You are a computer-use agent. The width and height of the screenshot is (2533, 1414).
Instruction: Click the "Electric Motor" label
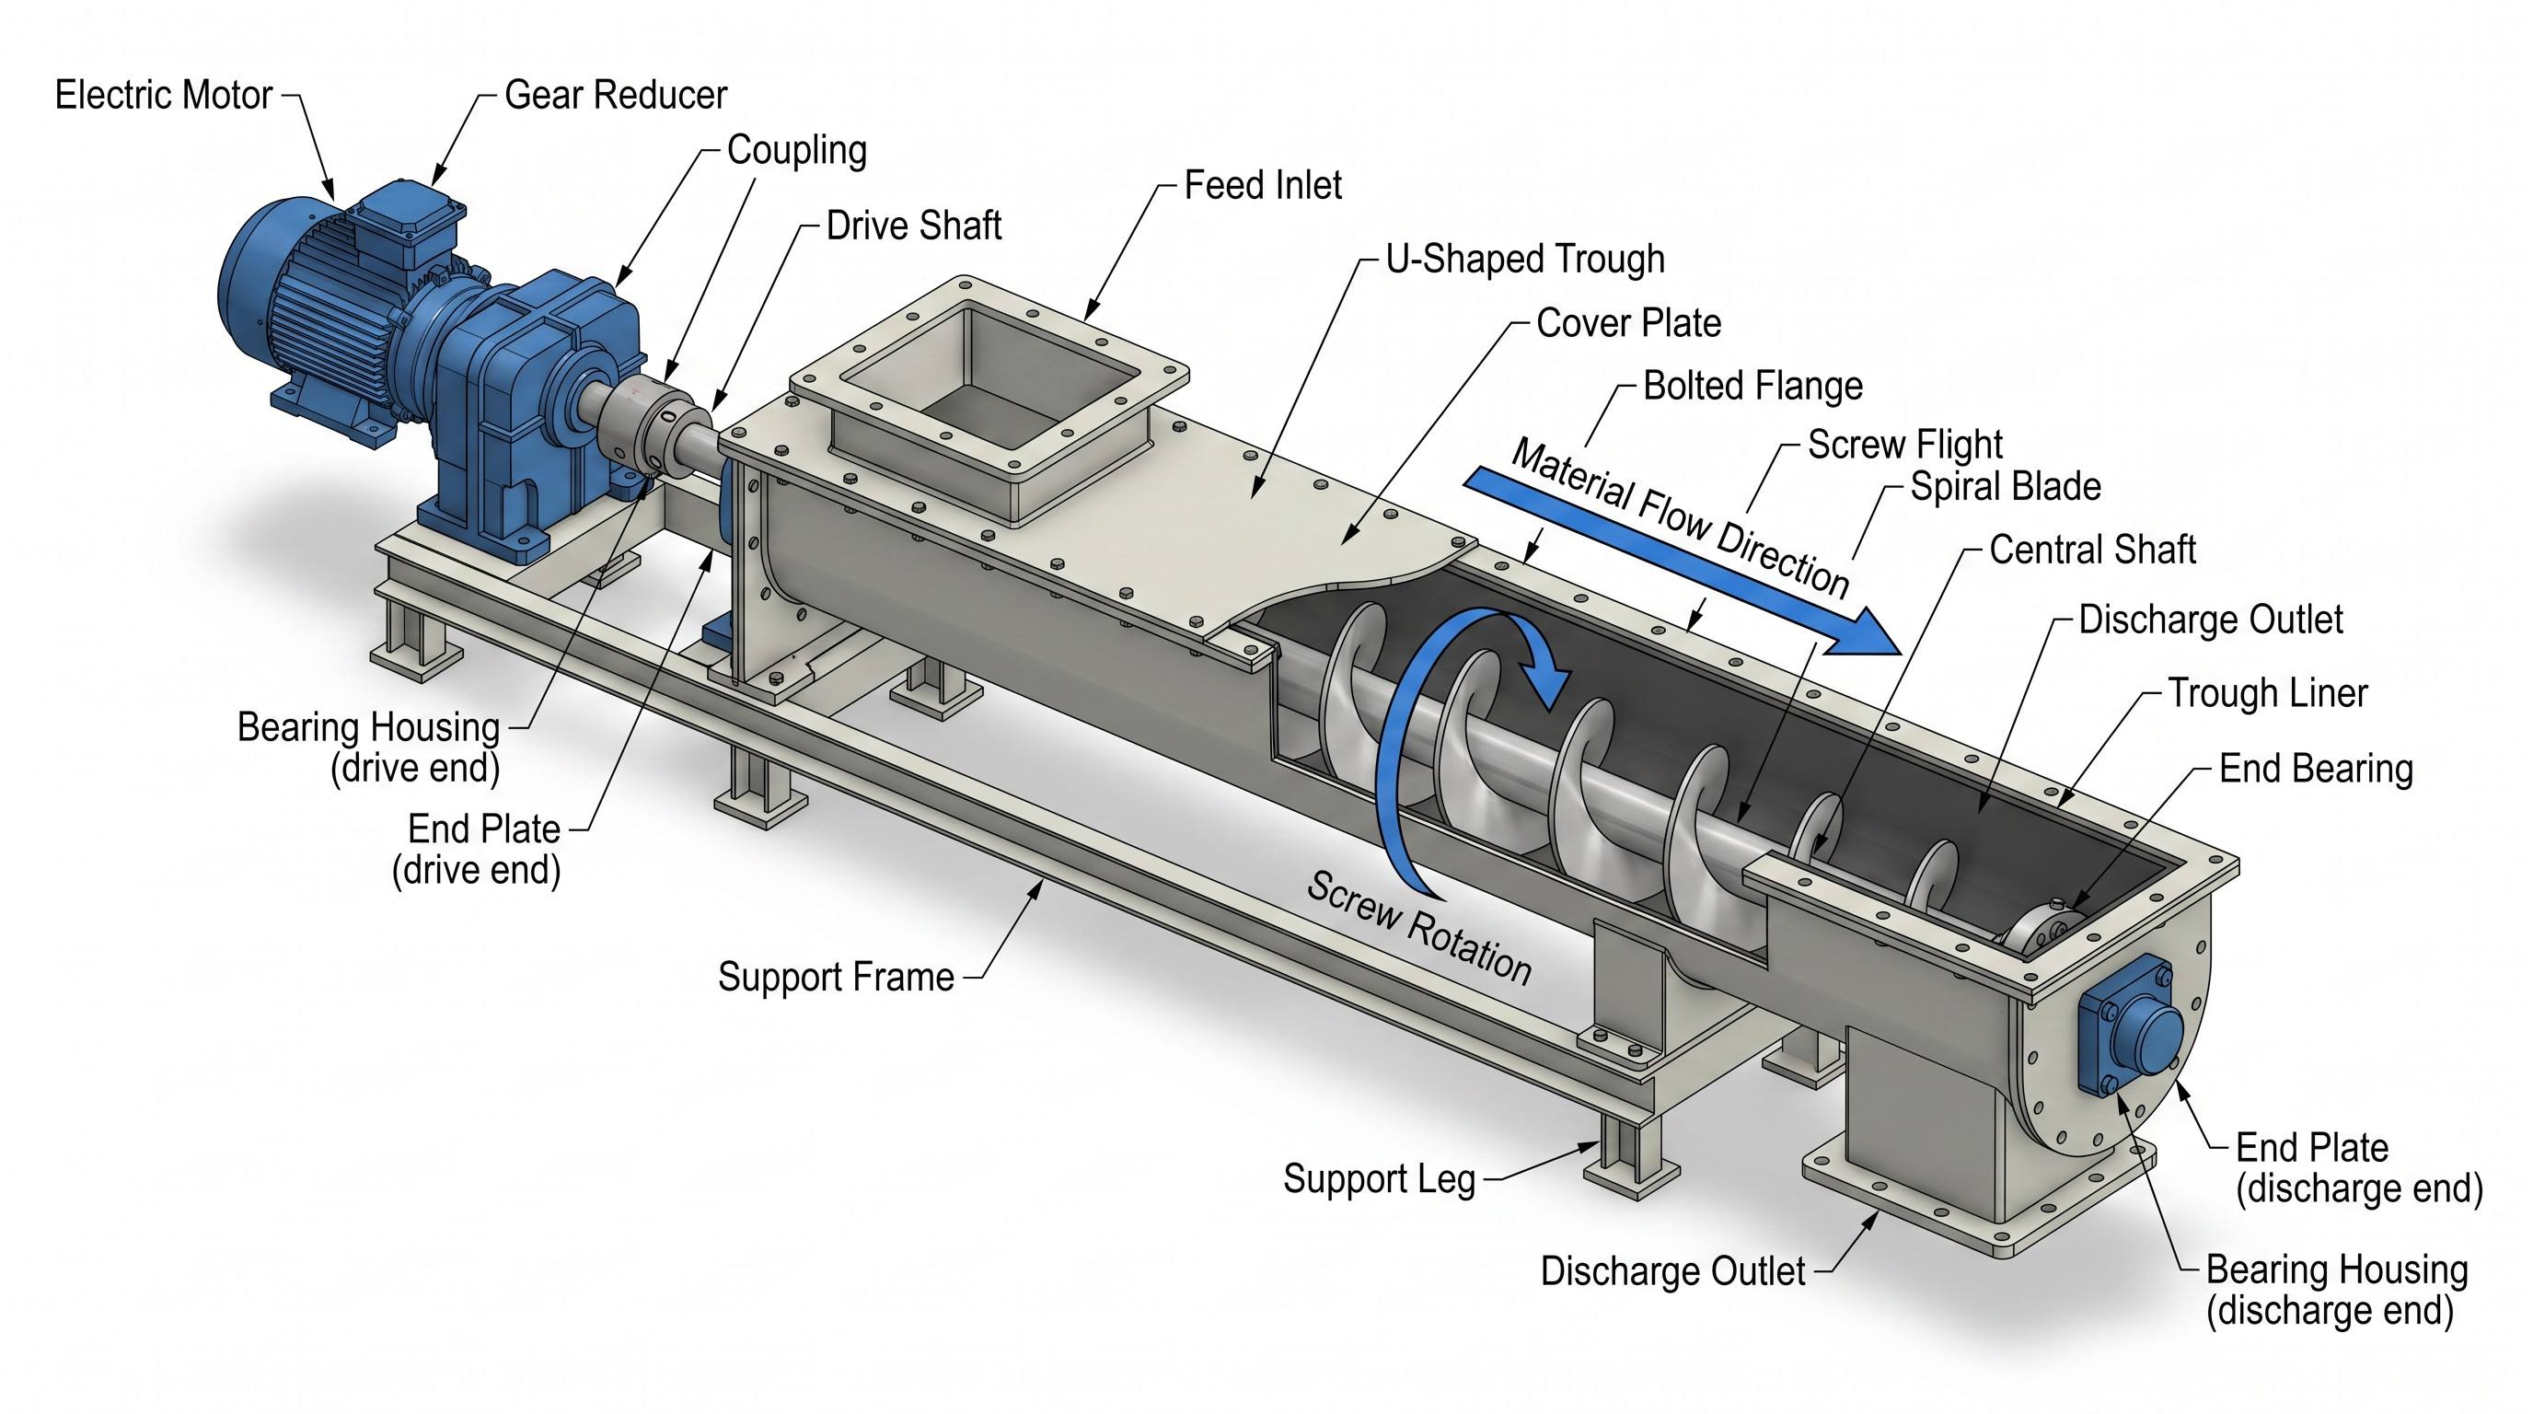163,96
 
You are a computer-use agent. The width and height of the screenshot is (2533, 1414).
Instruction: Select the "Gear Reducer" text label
616,96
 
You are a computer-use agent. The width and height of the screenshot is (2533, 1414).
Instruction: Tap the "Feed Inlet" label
1263,185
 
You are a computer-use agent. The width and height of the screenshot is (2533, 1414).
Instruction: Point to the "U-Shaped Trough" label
1525,260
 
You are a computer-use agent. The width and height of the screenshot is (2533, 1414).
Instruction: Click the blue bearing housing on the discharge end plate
2129,1027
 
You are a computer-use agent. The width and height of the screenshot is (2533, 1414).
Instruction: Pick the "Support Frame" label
836,978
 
